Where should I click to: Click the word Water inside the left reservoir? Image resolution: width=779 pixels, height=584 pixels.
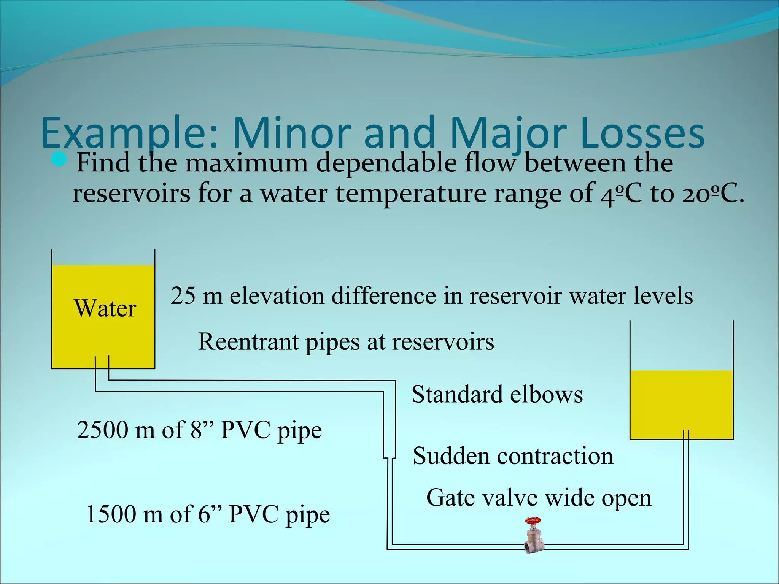tap(105, 308)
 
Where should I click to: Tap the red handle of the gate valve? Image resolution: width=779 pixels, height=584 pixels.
tap(533, 521)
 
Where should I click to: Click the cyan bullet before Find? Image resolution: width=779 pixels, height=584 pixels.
tap(59, 159)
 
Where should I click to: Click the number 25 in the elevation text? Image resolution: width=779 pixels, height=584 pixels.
tap(183, 296)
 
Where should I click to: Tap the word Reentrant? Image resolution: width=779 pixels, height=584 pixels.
tap(248, 341)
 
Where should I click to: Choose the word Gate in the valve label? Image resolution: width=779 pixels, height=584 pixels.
tap(449, 498)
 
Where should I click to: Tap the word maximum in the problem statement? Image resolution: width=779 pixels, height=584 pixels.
tap(246, 163)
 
